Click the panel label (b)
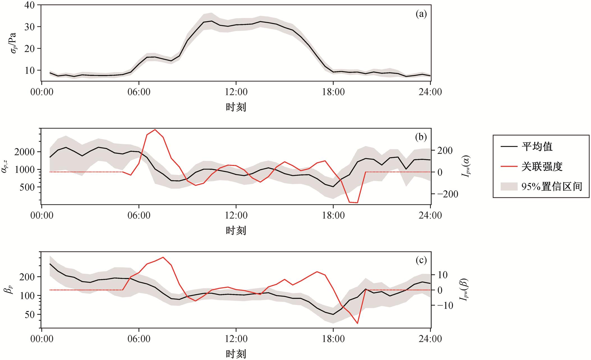coord(421,137)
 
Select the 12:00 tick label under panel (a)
coord(236,92)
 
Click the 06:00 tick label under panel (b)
coord(139,215)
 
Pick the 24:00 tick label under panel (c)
coord(430,339)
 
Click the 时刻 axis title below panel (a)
coord(236,107)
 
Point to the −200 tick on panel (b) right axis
coord(447,194)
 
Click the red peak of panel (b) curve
coord(155,130)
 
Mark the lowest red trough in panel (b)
coord(357,202)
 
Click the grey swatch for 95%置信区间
coord(509,186)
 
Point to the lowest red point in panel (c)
coord(357,324)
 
